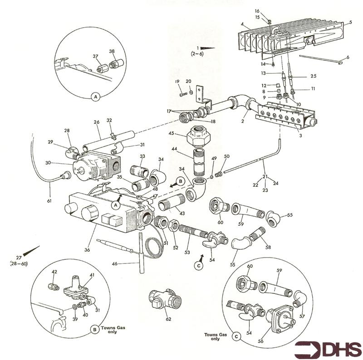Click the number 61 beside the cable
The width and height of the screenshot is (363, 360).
tap(49, 200)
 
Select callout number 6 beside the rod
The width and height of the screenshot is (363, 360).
tap(348, 57)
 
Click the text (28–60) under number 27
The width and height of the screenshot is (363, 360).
tap(19, 263)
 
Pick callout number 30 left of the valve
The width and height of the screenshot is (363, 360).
tap(48, 163)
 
